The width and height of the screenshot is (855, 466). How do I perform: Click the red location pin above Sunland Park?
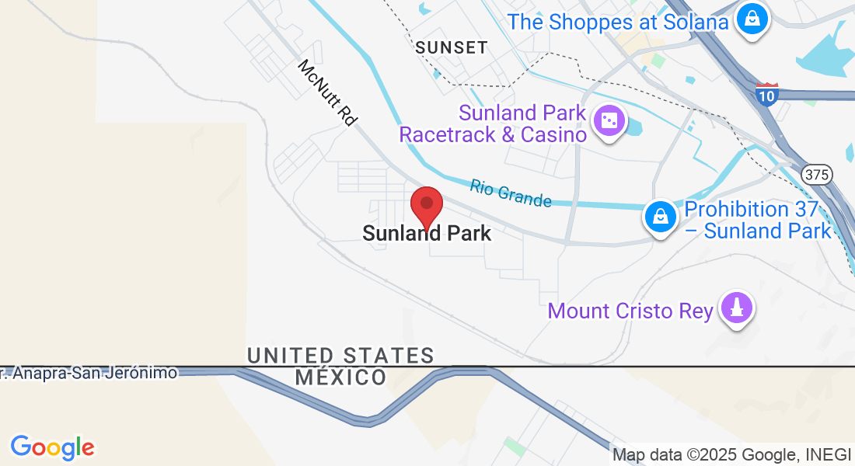tap(426, 204)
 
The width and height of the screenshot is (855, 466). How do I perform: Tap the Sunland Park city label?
tap(427, 233)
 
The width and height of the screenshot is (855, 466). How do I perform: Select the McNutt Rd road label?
tap(327, 93)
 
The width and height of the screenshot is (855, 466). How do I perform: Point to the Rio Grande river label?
tap(511, 193)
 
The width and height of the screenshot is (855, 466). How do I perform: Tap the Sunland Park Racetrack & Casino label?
tap(493, 124)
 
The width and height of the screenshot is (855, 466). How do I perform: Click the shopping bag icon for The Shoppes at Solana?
tap(752, 19)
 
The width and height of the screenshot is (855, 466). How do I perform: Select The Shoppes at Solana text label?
tap(618, 22)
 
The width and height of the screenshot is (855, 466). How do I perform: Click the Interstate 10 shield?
tap(766, 94)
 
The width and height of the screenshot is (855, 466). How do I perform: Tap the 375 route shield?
tap(817, 175)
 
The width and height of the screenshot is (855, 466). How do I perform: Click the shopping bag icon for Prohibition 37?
tap(660, 217)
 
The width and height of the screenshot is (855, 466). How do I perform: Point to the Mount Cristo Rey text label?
tap(630, 311)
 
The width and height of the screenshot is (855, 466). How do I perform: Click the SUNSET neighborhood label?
tap(452, 47)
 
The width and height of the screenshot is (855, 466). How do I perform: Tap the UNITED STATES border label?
tap(340, 356)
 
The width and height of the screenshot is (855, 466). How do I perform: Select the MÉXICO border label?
tap(340, 378)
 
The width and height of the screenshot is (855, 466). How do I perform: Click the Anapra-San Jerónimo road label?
tap(89, 373)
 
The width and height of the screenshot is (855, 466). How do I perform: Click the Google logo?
tap(53, 447)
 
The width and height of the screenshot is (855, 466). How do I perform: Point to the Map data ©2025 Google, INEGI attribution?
tap(731, 455)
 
